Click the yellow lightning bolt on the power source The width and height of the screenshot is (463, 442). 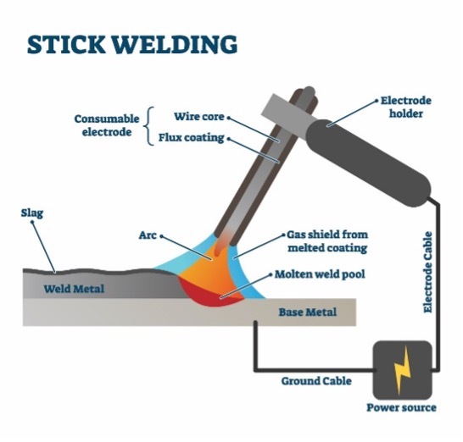point(402,370)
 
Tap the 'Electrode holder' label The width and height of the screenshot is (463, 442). point(405,107)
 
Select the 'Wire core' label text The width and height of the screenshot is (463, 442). point(199,117)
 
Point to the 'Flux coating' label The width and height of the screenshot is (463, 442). point(192,138)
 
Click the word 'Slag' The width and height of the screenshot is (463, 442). point(32,213)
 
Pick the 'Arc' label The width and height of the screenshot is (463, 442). point(148,235)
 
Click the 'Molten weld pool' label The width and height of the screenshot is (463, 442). point(320,274)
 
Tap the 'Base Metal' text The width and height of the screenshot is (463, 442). point(307,312)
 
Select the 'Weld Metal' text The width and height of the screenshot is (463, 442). point(74,289)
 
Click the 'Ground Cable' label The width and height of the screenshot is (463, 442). point(316,381)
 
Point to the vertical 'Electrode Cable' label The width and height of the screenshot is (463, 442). point(428,272)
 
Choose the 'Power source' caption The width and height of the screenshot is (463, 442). point(401,407)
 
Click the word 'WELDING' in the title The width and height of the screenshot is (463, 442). point(175,45)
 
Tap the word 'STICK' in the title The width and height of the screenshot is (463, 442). point(66,45)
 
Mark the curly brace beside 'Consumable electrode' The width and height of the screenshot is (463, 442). point(149,126)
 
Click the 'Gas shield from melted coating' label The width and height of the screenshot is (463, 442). point(327,241)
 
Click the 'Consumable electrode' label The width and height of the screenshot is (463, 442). point(107,125)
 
